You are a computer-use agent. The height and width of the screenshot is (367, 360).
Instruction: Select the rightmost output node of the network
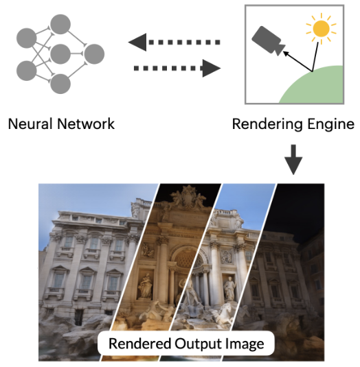pyautogui.click(x=92, y=53)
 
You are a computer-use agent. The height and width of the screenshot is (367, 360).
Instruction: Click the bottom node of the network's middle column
pyautogui.click(x=60, y=84)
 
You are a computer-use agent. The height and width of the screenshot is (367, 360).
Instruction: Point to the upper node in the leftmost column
pyautogui.click(x=27, y=37)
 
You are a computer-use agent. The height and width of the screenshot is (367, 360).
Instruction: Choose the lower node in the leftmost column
pyautogui.click(x=27, y=69)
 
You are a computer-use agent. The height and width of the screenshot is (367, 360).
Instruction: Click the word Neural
pyautogui.click(x=31, y=124)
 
